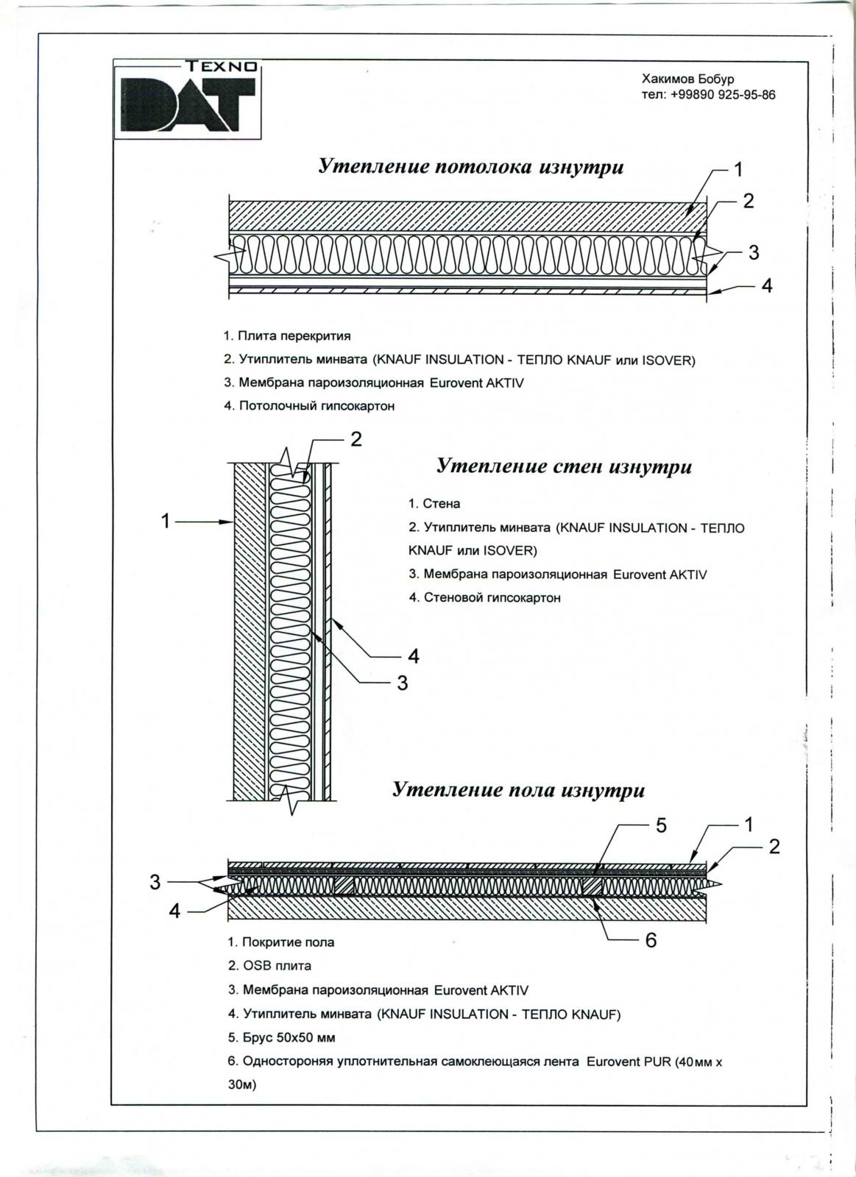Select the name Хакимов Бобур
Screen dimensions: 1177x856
point(687,79)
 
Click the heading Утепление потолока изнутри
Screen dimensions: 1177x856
point(470,167)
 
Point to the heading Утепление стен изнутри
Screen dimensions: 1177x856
point(564,466)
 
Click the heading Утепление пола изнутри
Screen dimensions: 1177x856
point(518,790)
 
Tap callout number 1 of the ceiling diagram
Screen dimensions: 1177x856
point(738,170)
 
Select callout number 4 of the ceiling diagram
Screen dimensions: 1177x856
point(766,286)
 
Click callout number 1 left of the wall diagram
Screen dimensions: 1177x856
point(166,522)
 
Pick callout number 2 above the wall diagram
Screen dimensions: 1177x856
point(356,439)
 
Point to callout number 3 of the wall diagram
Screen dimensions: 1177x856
point(402,683)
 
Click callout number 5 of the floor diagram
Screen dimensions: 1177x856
point(661,825)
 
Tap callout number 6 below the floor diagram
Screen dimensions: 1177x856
point(651,939)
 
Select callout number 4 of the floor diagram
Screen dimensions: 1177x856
point(174,911)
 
